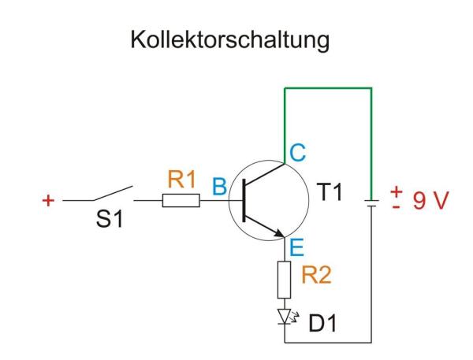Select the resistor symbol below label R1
[181, 201]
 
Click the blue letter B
[218, 187]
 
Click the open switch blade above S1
[114, 194]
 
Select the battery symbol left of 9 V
[371, 202]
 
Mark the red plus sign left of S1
[47, 201]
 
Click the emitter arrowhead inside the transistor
[277, 232]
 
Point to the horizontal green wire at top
[326, 89]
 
